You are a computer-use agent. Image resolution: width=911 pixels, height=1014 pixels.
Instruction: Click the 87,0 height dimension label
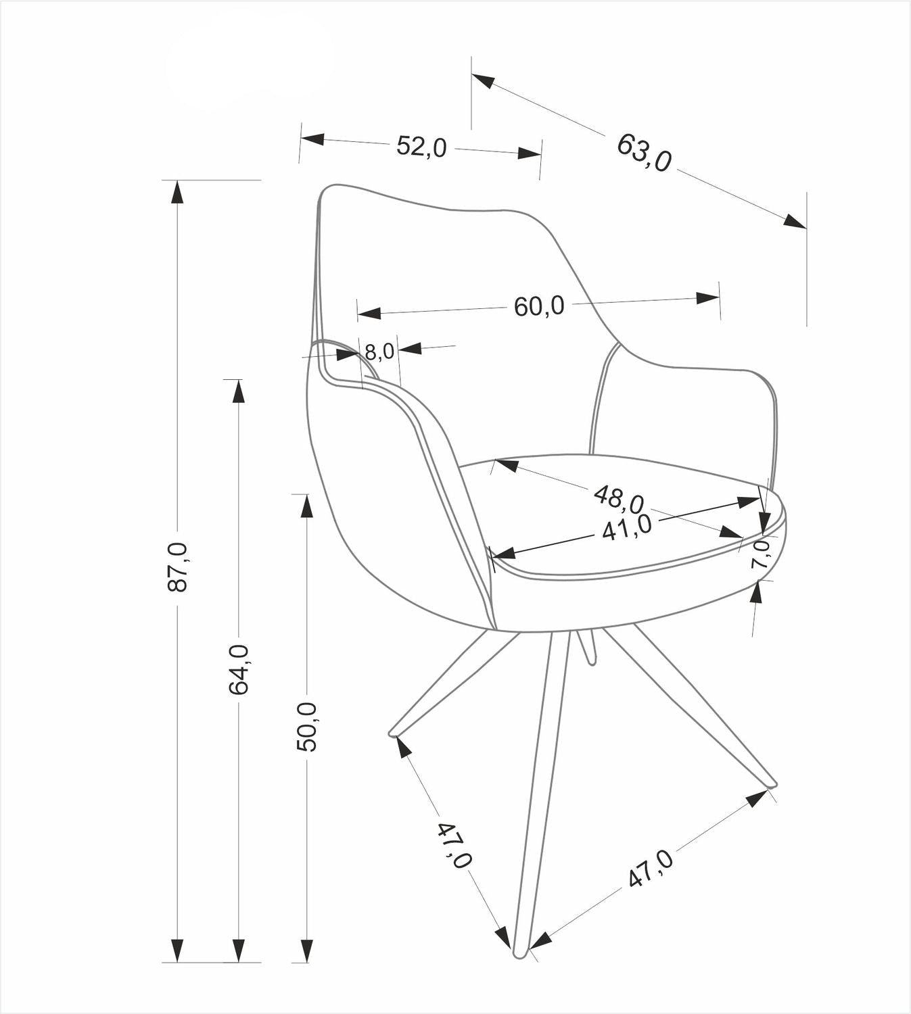click(x=178, y=567)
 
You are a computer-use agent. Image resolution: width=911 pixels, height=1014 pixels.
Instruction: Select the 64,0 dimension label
click(x=239, y=669)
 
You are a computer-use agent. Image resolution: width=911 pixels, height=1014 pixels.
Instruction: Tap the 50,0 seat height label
click(x=306, y=727)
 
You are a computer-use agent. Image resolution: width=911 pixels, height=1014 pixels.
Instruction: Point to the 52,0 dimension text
click(x=421, y=146)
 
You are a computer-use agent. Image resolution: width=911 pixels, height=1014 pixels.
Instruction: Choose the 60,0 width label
click(x=538, y=306)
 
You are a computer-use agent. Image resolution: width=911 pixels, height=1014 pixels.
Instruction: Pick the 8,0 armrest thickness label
click(x=379, y=352)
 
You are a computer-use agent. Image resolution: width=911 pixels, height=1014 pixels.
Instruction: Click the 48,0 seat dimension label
click(x=618, y=498)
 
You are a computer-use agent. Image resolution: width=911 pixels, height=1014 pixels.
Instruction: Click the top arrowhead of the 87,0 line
click(x=177, y=191)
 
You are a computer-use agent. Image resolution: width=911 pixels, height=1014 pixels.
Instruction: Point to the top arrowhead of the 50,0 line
click(x=306, y=506)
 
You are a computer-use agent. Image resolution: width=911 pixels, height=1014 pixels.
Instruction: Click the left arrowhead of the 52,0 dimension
click(x=312, y=139)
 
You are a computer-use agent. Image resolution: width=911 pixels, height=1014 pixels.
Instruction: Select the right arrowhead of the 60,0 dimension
click(x=708, y=297)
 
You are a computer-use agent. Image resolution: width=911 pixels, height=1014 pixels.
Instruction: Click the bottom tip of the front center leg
click(x=520, y=954)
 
